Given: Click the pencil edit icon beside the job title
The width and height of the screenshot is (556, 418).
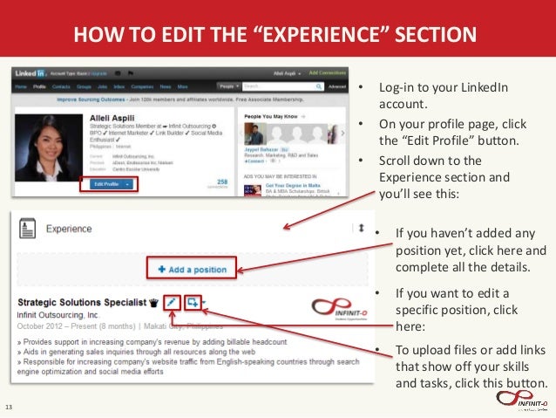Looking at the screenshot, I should [x=173, y=301].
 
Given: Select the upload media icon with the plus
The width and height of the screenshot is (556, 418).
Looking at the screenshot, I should [x=193, y=301].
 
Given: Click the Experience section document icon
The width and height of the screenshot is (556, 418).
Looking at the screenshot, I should [x=28, y=229].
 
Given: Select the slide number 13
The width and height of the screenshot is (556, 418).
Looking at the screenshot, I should [x=10, y=408].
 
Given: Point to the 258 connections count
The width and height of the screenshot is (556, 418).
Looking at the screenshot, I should [x=221, y=181].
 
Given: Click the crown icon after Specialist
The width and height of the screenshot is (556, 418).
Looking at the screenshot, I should [x=155, y=303].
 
